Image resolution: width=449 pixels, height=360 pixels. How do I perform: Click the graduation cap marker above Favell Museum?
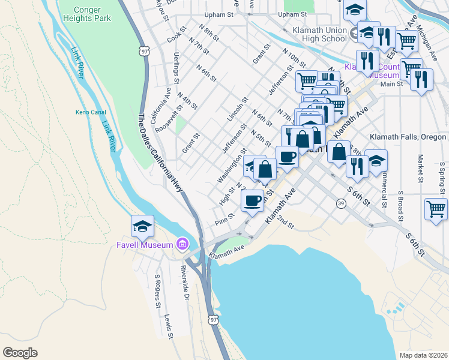coord(142,226)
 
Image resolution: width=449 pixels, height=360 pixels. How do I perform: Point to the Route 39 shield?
coord(340,204)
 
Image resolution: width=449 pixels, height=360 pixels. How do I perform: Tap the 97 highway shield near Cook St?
coord(144,52)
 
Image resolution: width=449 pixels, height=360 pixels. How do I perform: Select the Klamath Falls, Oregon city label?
coord(408,137)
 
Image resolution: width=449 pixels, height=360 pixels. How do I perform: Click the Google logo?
coord(20,353)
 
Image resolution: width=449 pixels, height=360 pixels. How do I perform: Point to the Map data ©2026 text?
coord(423,355)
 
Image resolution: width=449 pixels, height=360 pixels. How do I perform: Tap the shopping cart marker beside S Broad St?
coord(435,209)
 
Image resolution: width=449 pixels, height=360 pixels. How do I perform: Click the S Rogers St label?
coord(158,292)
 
